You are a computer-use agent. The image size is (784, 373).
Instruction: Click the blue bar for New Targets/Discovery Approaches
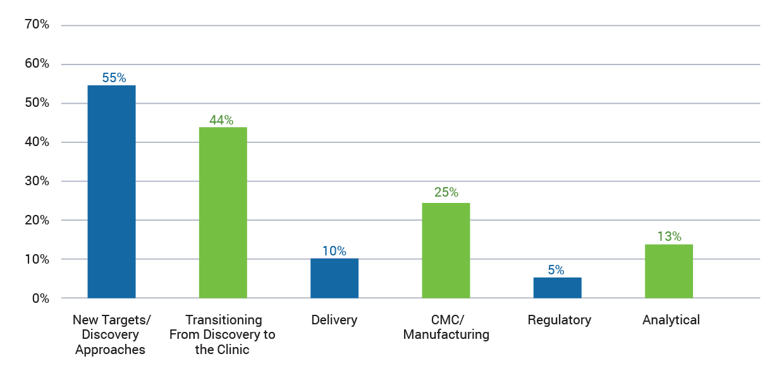(x=111, y=192)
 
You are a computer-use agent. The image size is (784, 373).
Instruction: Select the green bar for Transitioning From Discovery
(x=223, y=212)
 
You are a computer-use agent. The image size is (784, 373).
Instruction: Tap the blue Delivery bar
(x=334, y=278)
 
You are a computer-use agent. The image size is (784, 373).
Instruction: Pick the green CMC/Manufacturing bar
(x=446, y=250)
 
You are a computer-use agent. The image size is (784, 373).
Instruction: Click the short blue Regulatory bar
(x=557, y=288)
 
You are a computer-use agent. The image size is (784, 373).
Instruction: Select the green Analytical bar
(x=668, y=271)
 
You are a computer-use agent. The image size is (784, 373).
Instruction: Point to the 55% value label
(x=114, y=78)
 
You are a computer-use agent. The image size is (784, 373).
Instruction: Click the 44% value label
(x=221, y=119)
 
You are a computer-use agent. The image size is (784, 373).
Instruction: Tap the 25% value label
(x=446, y=193)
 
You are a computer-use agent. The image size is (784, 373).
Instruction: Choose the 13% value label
(x=668, y=236)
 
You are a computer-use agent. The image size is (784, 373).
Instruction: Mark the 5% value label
(x=556, y=270)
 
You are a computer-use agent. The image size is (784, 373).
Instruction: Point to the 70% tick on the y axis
(x=37, y=25)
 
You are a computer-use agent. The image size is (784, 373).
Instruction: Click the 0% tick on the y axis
(x=40, y=298)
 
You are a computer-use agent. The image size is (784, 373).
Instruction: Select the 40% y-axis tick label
(x=37, y=142)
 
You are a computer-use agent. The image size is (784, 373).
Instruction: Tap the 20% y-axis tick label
(x=37, y=220)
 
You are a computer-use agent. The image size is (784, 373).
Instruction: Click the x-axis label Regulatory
(x=559, y=320)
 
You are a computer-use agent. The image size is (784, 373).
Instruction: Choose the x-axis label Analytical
(x=671, y=320)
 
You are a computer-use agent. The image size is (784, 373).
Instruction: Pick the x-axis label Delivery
(x=334, y=320)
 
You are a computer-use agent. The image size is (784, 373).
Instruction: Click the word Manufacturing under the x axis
(x=446, y=334)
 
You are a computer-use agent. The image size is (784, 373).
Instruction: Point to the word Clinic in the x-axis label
(x=233, y=350)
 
